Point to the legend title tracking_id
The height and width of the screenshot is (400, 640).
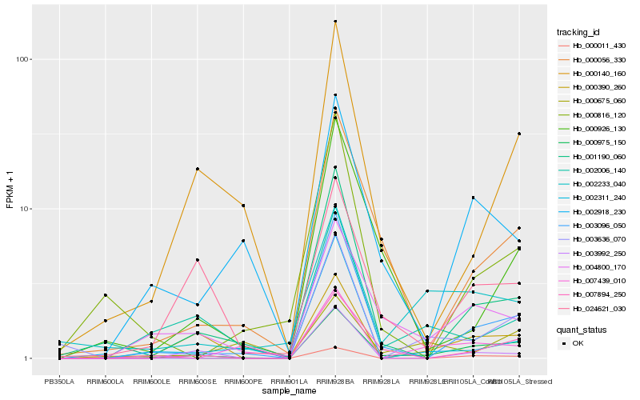click(x=578, y=32)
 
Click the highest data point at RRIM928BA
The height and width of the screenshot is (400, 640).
click(x=335, y=22)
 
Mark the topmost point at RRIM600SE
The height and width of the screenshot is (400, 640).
click(x=197, y=169)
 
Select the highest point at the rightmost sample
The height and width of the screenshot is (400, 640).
click(x=519, y=134)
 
